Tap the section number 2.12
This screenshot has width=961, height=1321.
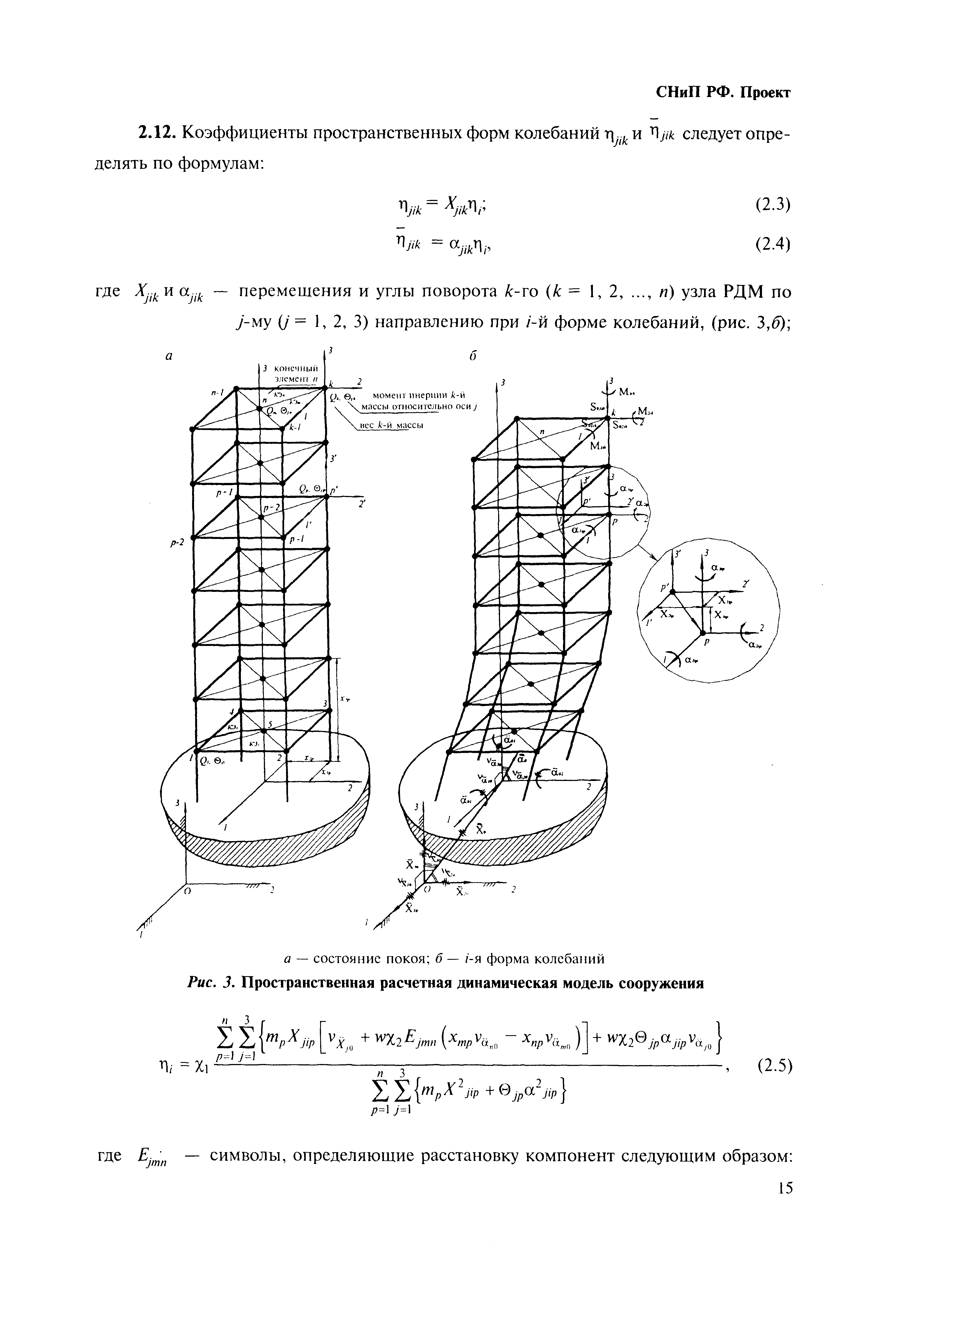156,133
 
